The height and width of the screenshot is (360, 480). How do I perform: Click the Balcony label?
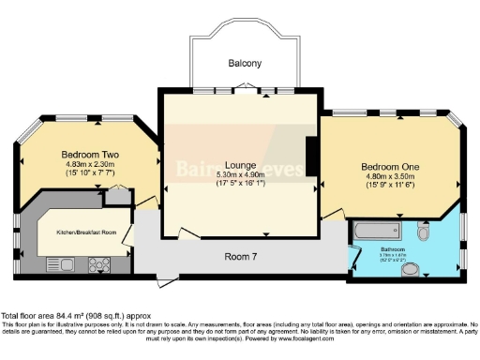tap(244, 64)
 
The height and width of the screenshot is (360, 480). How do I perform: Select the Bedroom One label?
tap(390, 166)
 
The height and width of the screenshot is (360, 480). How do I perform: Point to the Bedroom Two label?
tap(89, 153)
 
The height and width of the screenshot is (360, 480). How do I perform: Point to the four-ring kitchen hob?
tap(99, 265)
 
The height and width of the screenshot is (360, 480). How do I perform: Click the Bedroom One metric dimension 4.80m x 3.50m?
tap(390, 178)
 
